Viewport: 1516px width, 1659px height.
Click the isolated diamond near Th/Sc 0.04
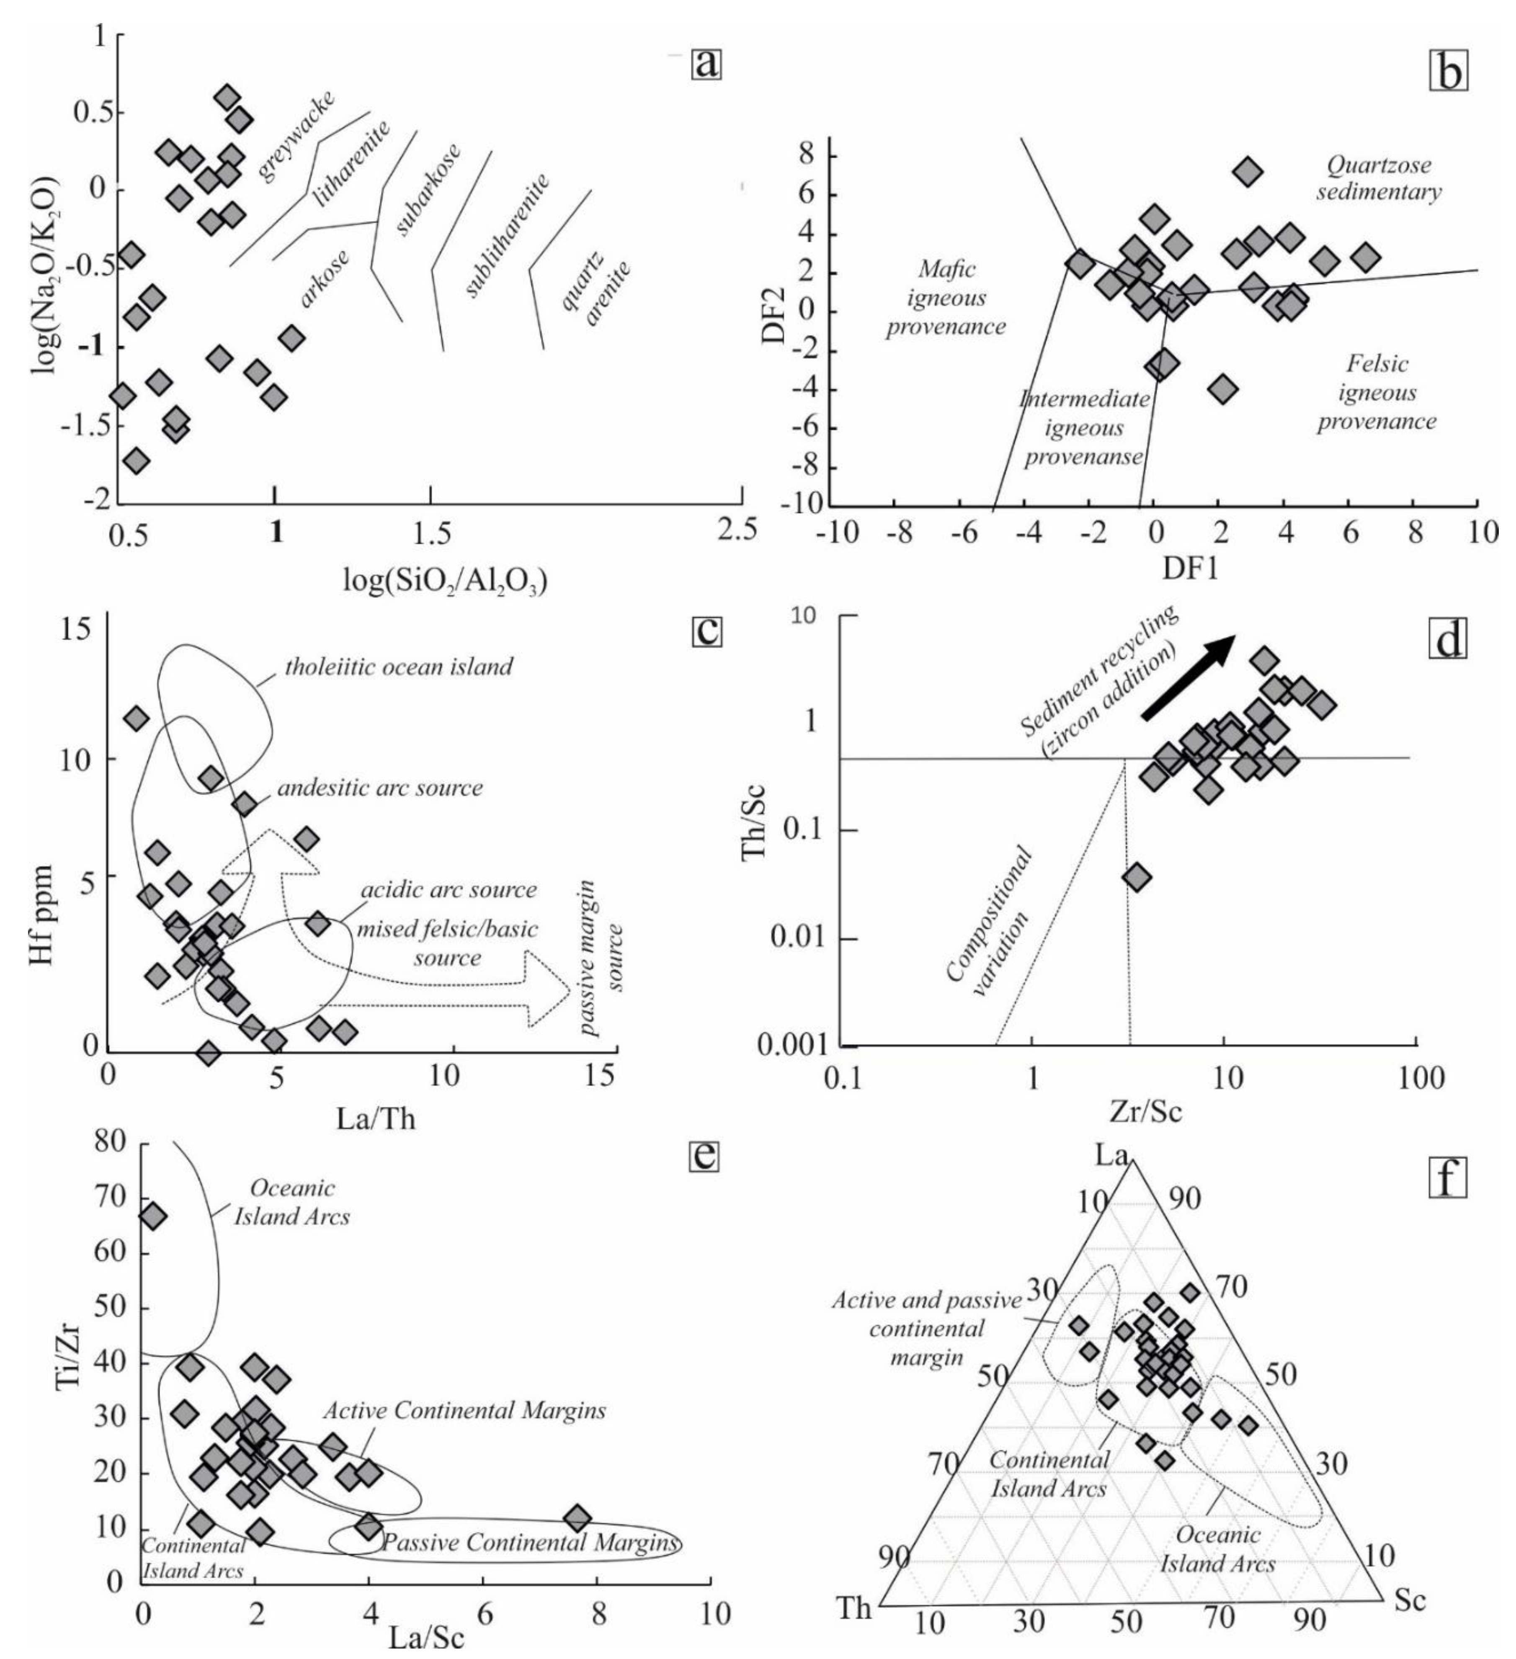[1137, 877]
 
